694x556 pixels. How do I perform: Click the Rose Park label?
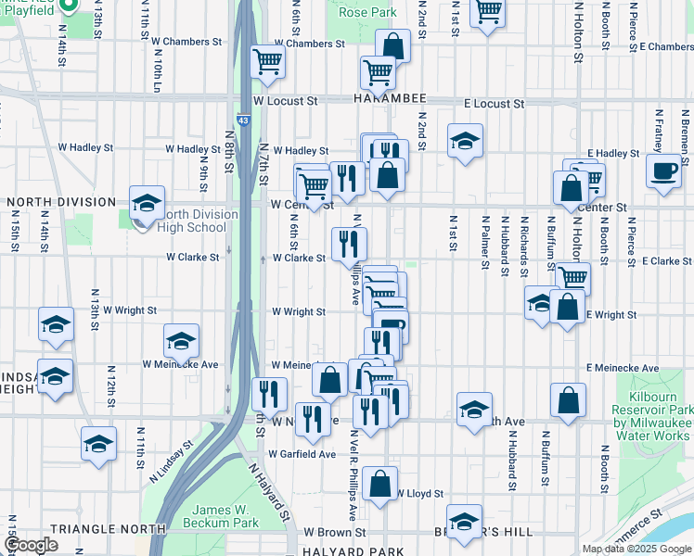tap(367, 13)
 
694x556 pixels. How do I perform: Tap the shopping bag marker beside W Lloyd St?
tap(379, 482)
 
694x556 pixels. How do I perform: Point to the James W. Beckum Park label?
tap(226, 517)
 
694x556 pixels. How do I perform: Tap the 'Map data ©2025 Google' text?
tap(636, 549)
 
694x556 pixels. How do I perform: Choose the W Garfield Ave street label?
tap(302, 454)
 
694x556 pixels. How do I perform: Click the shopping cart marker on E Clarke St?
tap(573, 276)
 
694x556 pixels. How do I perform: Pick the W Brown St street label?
tap(335, 534)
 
